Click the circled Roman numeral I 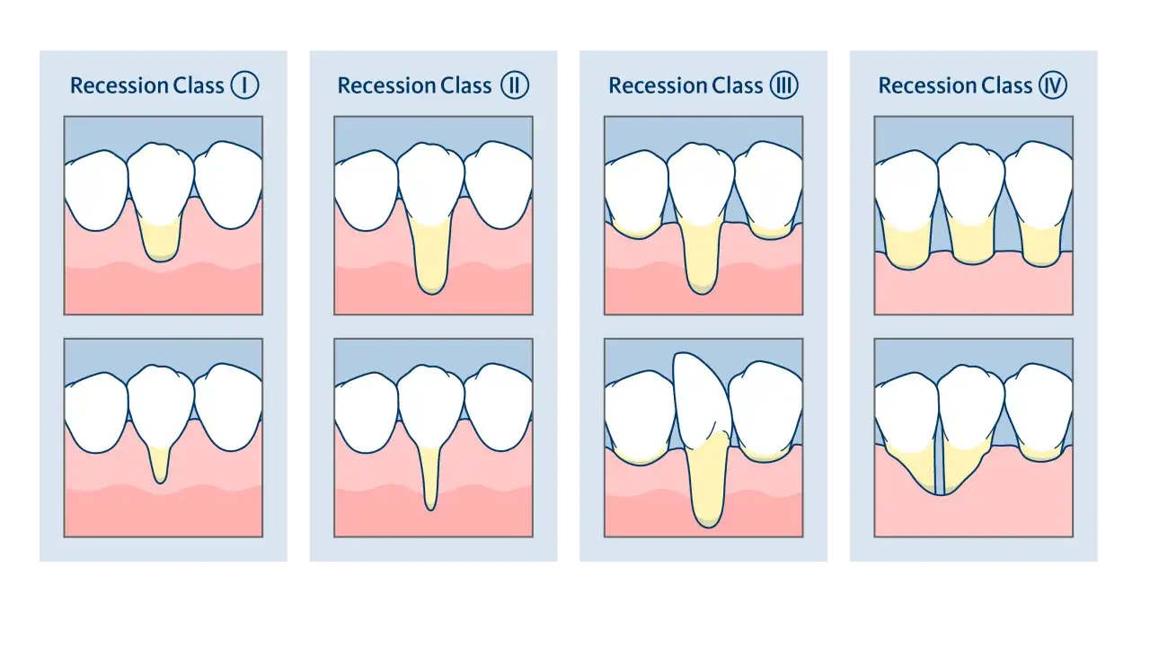(244, 84)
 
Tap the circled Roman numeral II (515, 84)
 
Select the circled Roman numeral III (784, 84)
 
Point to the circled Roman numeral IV (1053, 84)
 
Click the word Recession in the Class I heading (119, 85)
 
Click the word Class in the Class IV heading (1007, 85)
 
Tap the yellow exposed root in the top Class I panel (161, 240)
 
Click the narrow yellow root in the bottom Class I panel (160, 464)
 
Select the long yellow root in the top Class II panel (431, 256)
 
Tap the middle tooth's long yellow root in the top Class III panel (702, 257)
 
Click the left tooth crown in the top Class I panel (96, 190)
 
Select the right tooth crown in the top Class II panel (499, 184)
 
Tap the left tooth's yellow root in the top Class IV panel (907, 244)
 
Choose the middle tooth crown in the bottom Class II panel (430, 405)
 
